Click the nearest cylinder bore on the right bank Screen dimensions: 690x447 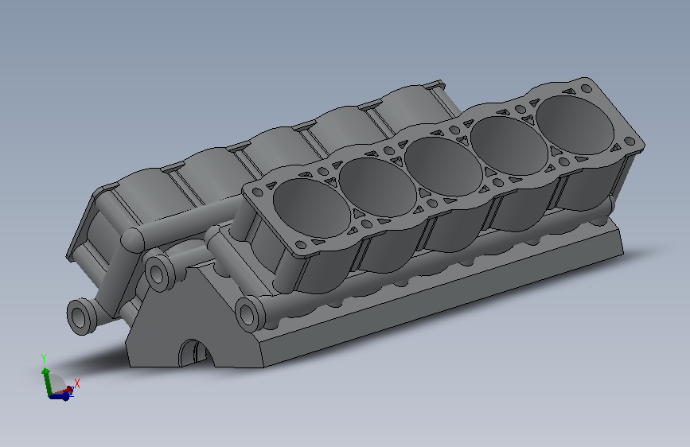tap(311, 208)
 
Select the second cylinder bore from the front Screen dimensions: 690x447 tap(377, 188)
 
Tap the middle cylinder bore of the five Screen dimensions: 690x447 tap(443, 167)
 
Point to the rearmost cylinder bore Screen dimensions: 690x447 tap(575, 126)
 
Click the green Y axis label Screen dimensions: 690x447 tap(44, 358)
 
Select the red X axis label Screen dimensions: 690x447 tap(77, 383)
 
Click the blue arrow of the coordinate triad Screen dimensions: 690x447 tap(60, 397)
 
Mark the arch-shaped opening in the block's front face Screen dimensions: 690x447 tap(196, 353)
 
